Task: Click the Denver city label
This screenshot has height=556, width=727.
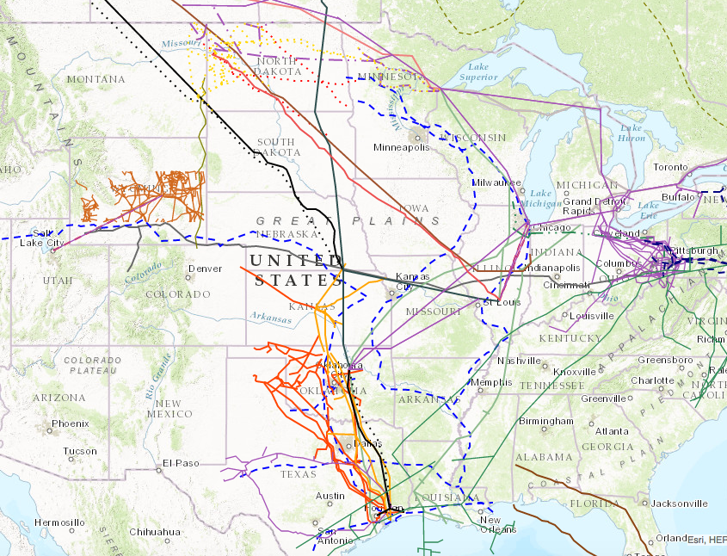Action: (x=205, y=269)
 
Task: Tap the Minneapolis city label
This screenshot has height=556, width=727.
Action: (x=400, y=147)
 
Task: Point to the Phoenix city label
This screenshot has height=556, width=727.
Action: (x=70, y=423)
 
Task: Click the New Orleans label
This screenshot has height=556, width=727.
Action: (x=490, y=524)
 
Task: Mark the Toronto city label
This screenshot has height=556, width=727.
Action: (x=670, y=167)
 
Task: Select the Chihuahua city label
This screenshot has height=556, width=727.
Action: (x=156, y=532)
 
